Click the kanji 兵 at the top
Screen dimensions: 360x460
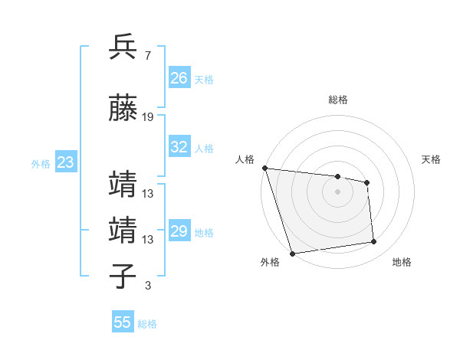[x=123, y=47]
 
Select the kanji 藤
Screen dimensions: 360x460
[x=123, y=110]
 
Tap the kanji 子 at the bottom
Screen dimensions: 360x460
[x=123, y=277]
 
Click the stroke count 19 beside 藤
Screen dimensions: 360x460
[x=148, y=117]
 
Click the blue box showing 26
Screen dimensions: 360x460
[x=179, y=78]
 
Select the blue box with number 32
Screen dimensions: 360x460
[x=179, y=147]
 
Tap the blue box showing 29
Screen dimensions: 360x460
[x=179, y=231]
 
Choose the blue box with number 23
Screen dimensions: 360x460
[x=65, y=162]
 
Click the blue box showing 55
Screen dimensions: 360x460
[x=123, y=322]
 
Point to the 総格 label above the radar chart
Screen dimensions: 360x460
[x=337, y=100]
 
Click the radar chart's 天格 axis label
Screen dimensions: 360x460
[x=432, y=159]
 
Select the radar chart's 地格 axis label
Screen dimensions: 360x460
[x=402, y=262]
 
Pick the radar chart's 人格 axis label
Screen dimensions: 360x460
[x=245, y=159]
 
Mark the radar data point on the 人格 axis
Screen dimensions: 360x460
[x=264, y=168]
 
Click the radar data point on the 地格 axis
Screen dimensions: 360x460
[x=374, y=242]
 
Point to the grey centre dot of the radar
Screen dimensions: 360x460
[x=337, y=191]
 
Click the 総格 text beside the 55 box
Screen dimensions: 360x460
[x=147, y=323]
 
